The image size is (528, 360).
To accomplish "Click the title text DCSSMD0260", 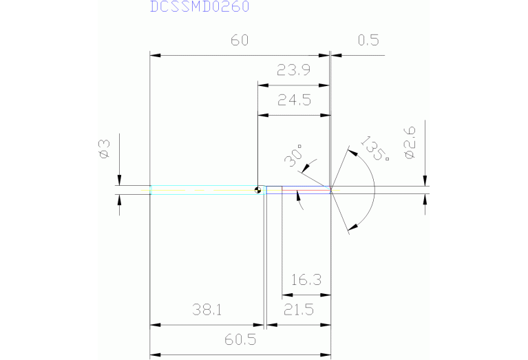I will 200,7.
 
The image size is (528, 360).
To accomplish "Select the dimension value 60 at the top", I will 239,40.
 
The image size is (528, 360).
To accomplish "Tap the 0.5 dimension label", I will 368,40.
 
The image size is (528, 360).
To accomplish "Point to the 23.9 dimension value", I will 294,70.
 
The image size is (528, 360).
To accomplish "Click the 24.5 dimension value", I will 294,100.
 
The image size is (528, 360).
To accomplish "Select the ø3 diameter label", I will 104,149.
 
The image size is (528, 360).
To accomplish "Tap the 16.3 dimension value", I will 306,280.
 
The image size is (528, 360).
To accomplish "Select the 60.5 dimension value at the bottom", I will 239,340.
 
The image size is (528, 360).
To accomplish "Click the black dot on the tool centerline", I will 257,191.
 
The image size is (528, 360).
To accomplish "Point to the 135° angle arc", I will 374,189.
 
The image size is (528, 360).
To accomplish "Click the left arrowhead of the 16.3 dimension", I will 286,295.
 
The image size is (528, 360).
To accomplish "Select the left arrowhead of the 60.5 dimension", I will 154,354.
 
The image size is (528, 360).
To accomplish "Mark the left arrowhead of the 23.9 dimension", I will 261,84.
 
